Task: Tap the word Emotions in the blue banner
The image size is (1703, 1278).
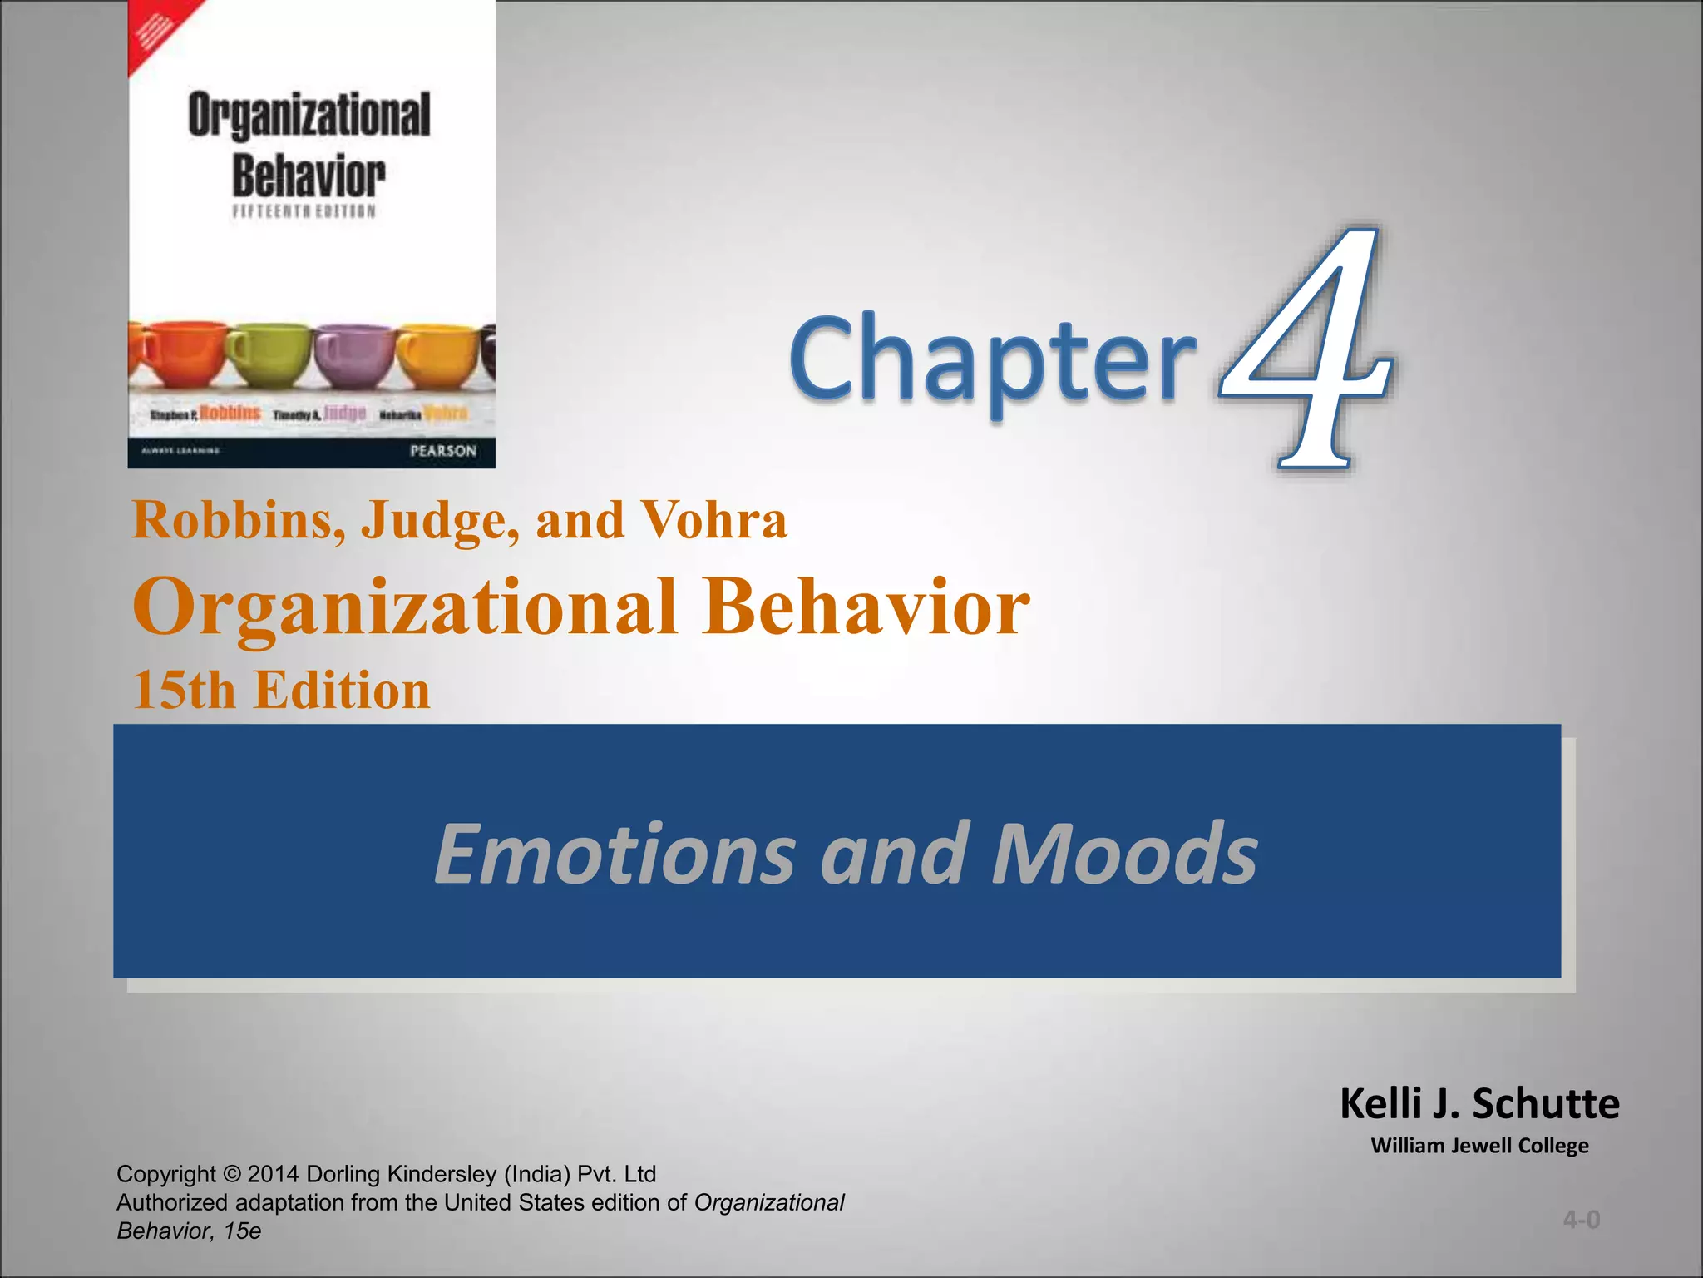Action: pyautogui.click(x=615, y=854)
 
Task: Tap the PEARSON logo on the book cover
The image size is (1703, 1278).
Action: pyautogui.click(x=443, y=451)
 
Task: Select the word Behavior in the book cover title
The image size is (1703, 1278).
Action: pyautogui.click(x=309, y=176)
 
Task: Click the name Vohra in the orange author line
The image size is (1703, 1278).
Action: pyautogui.click(x=714, y=520)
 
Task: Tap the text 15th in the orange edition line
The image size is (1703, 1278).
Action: pyautogui.click(x=184, y=691)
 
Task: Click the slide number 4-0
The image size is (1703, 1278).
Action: pyautogui.click(x=1581, y=1220)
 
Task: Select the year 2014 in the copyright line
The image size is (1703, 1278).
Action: pyautogui.click(x=274, y=1174)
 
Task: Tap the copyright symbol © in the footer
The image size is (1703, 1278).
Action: pyautogui.click(x=232, y=1174)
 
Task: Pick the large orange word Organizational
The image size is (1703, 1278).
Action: pyautogui.click(x=404, y=607)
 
